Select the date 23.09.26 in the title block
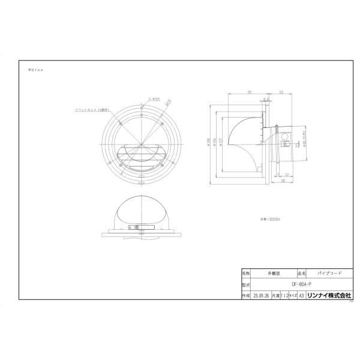(260, 296)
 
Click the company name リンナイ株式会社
(329, 296)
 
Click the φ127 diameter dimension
(221, 142)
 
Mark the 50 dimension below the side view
(282, 180)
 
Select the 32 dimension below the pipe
(287, 174)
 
